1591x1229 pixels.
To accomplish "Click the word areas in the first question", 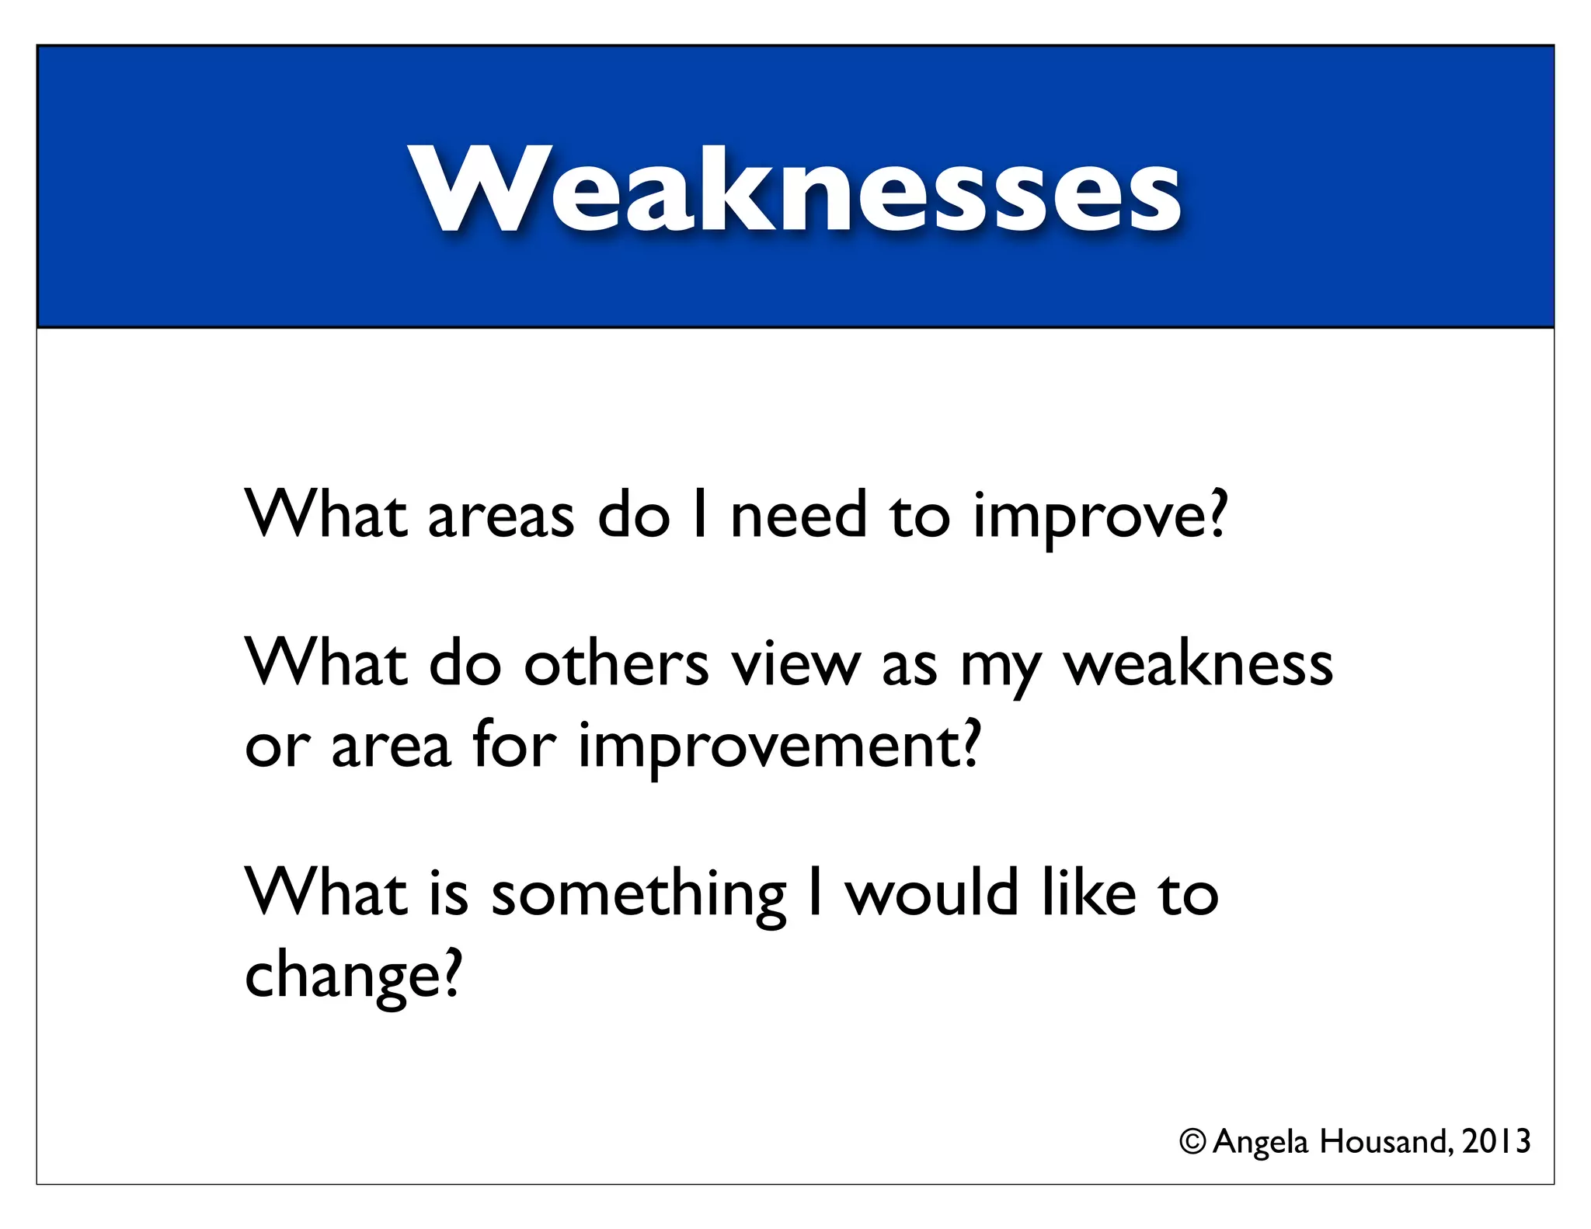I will click(501, 517).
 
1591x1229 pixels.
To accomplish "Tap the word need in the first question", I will click(799, 515).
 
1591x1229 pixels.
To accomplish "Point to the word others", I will click(616, 664).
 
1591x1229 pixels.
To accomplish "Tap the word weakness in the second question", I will click(1197, 666).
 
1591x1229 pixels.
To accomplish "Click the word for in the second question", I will click(514, 744).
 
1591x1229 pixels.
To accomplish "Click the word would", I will click(931, 893).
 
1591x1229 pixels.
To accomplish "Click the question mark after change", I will click(450, 973).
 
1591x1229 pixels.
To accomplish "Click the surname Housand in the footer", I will click(1385, 1141).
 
